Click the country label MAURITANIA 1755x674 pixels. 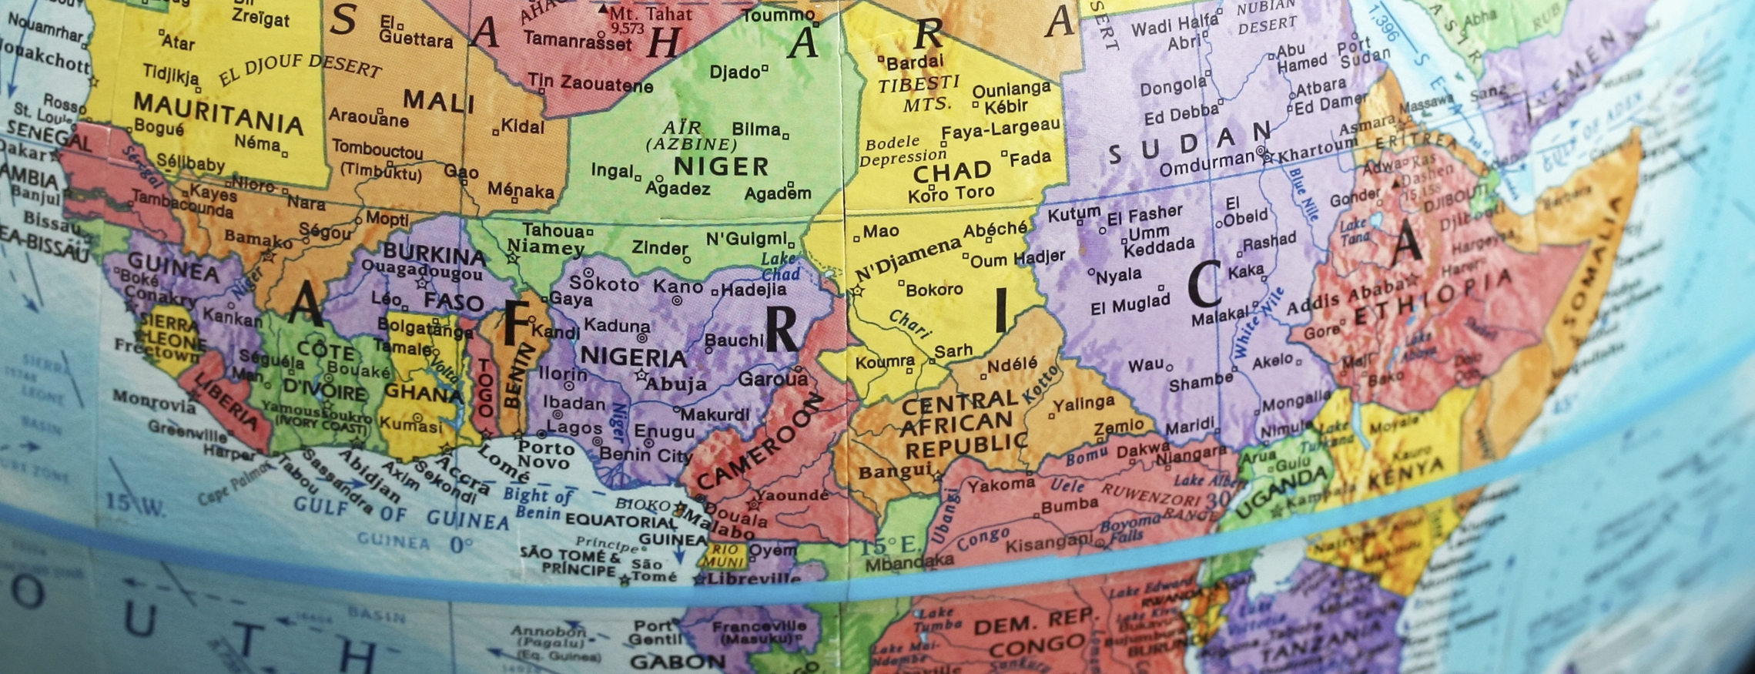(218, 112)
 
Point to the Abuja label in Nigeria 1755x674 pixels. (675, 384)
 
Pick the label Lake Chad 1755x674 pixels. (779, 267)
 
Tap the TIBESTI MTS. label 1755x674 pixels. (919, 93)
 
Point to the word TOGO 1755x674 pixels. (484, 387)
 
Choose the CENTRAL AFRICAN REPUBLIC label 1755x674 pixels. (963, 423)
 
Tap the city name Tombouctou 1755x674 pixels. (377, 151)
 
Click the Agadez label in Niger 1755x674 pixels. (678, 188)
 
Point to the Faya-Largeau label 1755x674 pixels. (1000, 129)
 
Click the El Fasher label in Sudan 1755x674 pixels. (1144, 214)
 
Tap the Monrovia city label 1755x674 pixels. (155, 400)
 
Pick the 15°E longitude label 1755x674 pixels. (889, 546)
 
